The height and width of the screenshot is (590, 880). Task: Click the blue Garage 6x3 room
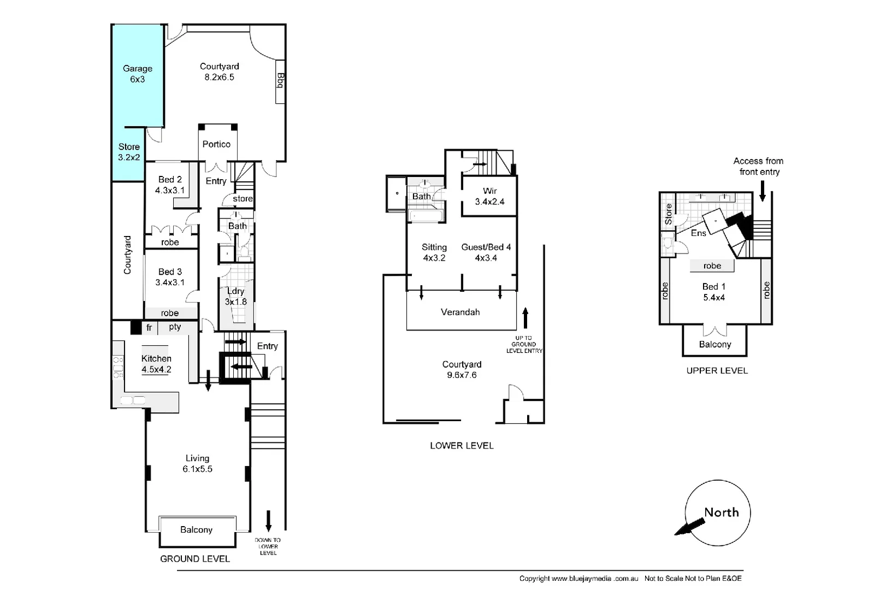(137, 74)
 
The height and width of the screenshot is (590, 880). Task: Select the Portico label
(216, 144)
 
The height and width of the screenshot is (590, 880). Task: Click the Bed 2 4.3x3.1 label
(170, 185)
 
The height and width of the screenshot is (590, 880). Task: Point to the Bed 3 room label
(170, 277)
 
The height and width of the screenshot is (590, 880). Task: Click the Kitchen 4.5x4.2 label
(156, 364)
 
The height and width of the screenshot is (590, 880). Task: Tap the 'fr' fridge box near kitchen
(149, 328)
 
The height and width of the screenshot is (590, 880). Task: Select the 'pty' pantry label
(175, 327)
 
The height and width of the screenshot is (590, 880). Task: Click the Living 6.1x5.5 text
(197, 463)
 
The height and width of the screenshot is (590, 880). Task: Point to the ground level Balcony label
(196, 529)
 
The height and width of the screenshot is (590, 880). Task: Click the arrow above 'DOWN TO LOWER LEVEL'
(268, 521)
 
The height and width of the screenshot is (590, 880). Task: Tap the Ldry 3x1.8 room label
(236, 296)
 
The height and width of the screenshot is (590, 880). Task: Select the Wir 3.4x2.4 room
(489, 196)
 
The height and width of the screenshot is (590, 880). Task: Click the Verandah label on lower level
(460, 312)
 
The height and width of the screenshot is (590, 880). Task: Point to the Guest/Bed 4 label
(486, 252)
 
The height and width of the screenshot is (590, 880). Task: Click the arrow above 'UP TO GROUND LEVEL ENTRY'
(525, 317)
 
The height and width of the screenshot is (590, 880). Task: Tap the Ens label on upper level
(698, 233)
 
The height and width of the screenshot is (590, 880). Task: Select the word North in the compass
(721, 512)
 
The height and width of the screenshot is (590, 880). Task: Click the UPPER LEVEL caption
(717, 370)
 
